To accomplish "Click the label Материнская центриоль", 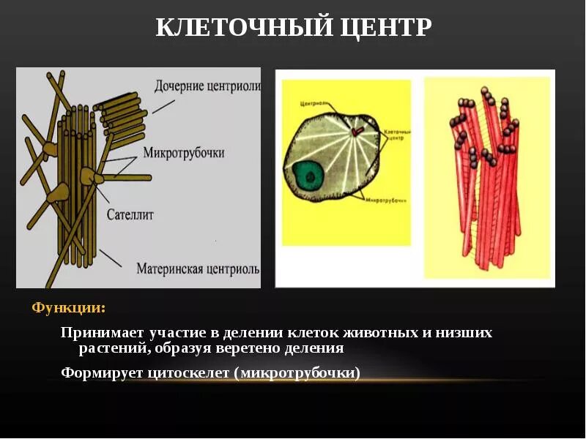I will click(198, 269).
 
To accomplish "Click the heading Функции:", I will click(68, 307).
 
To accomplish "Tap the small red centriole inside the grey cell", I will click(356, 132).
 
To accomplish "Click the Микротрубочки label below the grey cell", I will click(386, 200).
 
